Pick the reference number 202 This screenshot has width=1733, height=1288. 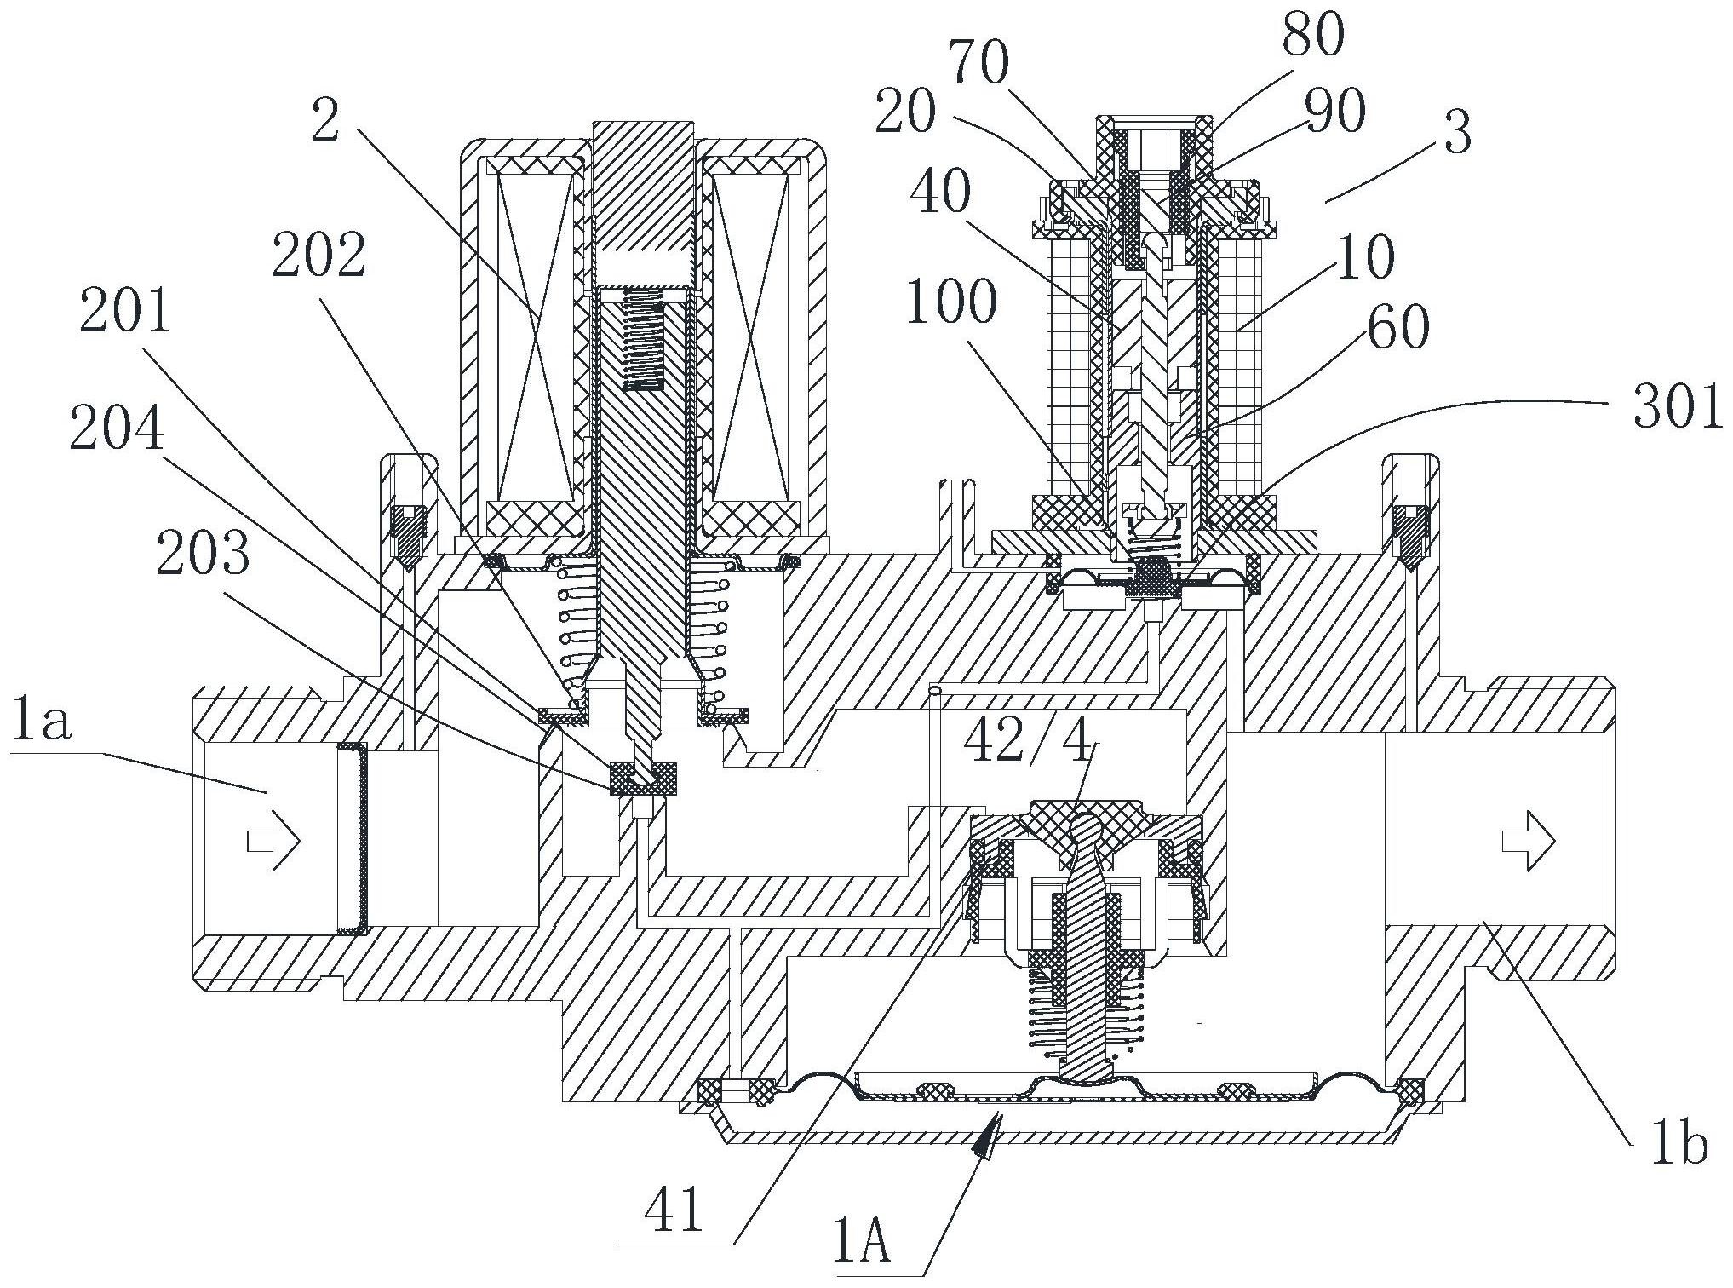coord(319,255)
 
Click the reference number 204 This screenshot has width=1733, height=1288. coord(117,428)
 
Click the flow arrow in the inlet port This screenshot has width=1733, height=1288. coord(273,841)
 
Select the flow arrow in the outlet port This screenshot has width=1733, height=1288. coord(1528,842)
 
